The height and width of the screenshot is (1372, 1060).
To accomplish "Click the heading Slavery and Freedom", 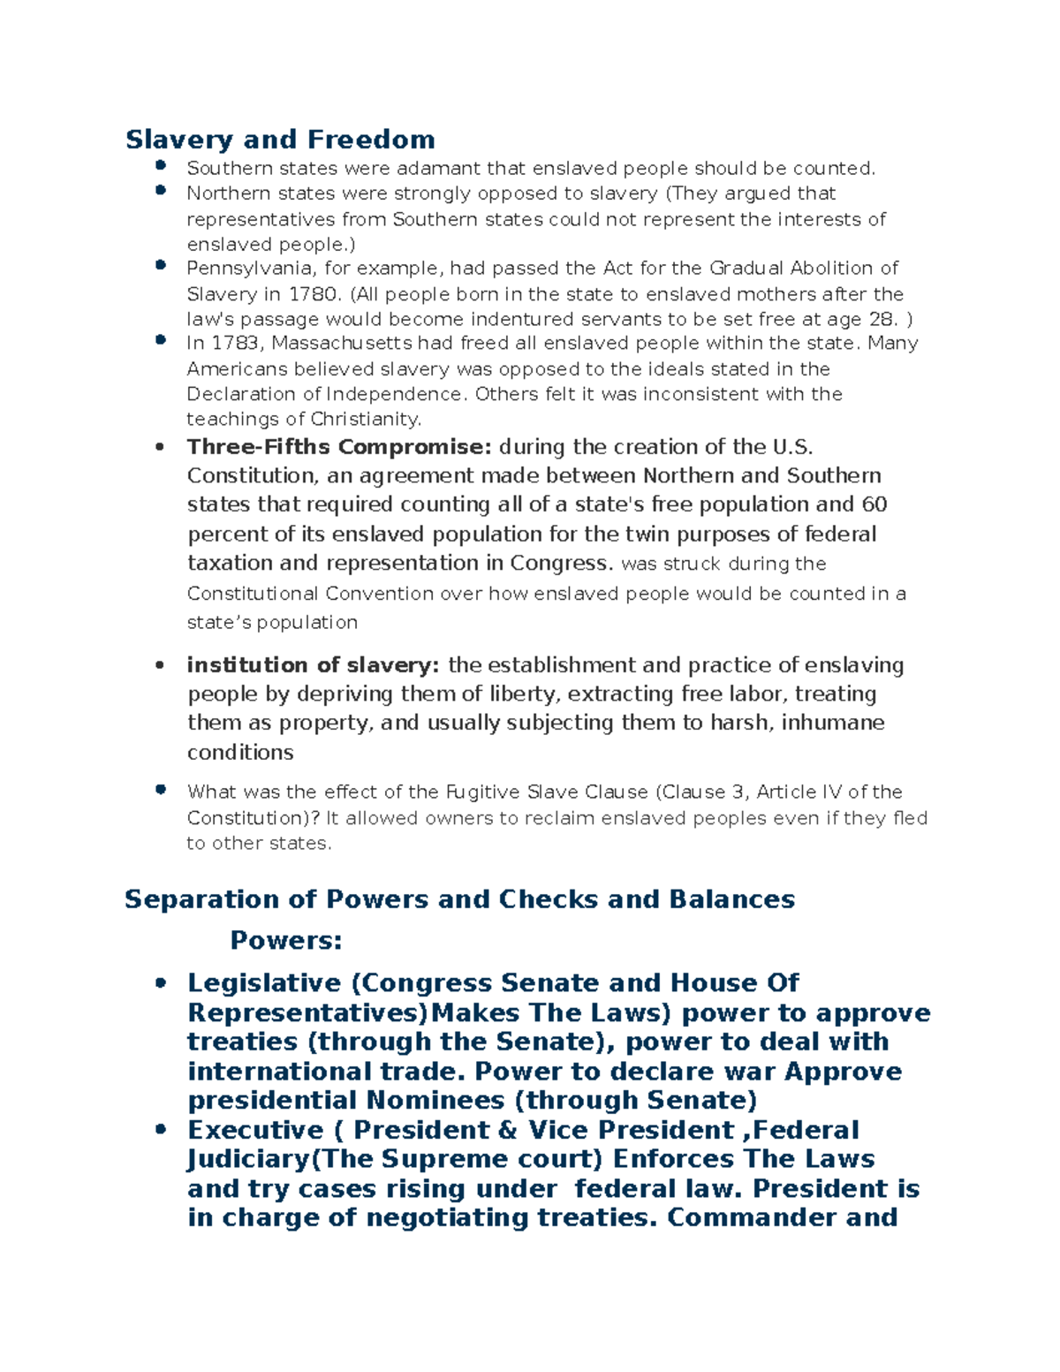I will pos(280,140).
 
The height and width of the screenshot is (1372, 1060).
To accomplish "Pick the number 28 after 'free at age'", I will pos(884,319).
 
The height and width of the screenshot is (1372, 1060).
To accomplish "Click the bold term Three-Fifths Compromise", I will pos(339,447).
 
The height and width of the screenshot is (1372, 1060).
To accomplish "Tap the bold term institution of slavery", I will pos(313,665).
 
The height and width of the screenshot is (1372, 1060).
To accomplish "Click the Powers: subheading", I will pos(285,941).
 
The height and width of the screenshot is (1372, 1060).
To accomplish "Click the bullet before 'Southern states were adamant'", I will pos(160,165).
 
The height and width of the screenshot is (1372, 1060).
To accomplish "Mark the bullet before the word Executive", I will pos(160,1129).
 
